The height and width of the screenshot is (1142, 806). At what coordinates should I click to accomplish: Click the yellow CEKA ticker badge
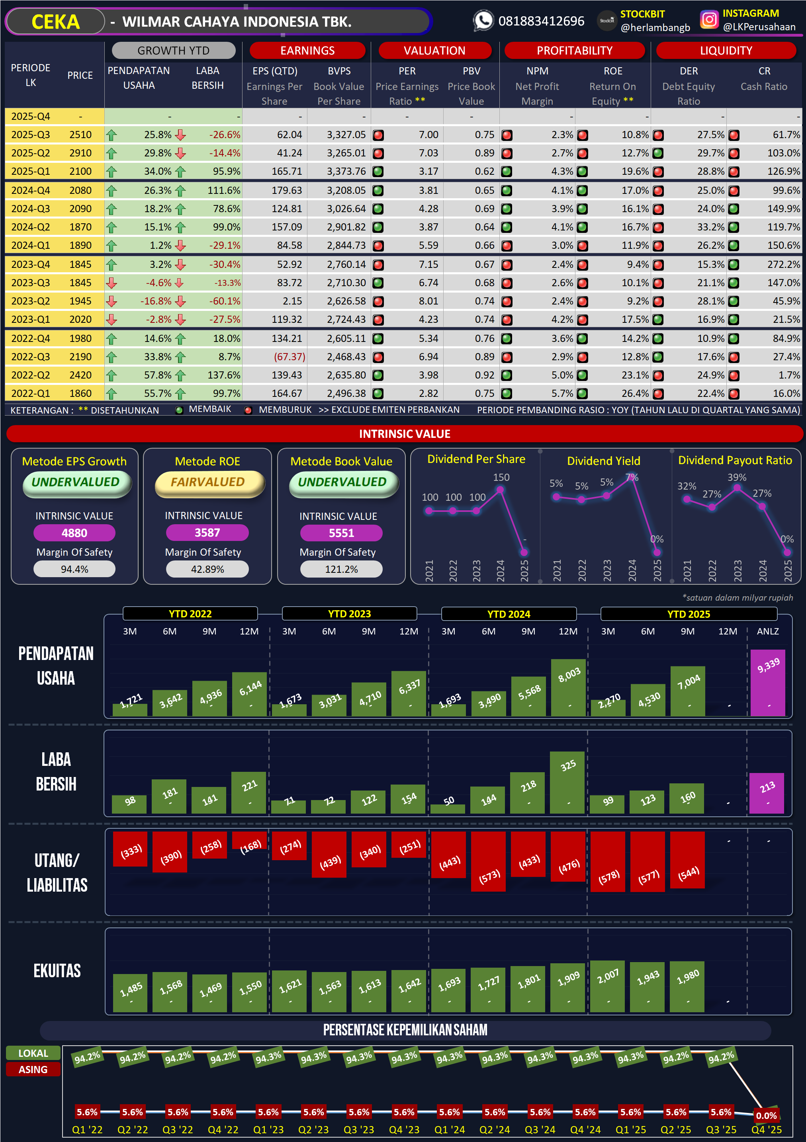[x=55, y=22]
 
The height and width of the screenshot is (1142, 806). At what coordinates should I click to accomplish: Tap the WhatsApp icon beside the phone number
[x=483, y=21]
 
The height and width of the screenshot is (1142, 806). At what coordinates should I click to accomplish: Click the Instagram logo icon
[x=709, y=20]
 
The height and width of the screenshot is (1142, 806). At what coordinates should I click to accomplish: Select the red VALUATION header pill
[x=434, y=50]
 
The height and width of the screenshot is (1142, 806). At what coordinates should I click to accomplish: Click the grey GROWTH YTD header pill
[x=173, y=50]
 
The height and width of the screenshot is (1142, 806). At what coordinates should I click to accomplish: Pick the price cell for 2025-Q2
[x=80, y=153]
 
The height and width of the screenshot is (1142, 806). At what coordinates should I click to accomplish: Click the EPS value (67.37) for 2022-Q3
[x=289, y=357]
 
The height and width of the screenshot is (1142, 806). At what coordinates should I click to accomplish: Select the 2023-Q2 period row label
[x=30, y=301]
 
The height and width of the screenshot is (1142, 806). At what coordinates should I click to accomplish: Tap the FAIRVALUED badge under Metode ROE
[x=208, y=482]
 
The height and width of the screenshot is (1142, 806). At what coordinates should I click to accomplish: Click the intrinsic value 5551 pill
[x=341, y=533]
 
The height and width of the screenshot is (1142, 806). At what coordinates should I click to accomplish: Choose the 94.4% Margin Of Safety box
[x=74, y=569]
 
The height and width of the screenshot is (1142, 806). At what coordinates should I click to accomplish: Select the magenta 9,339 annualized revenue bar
[x=768, y=682]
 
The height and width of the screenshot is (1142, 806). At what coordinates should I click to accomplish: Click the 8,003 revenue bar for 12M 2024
[x=568, y=687]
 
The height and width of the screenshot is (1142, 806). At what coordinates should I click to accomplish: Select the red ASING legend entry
[x=33, y=1070]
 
